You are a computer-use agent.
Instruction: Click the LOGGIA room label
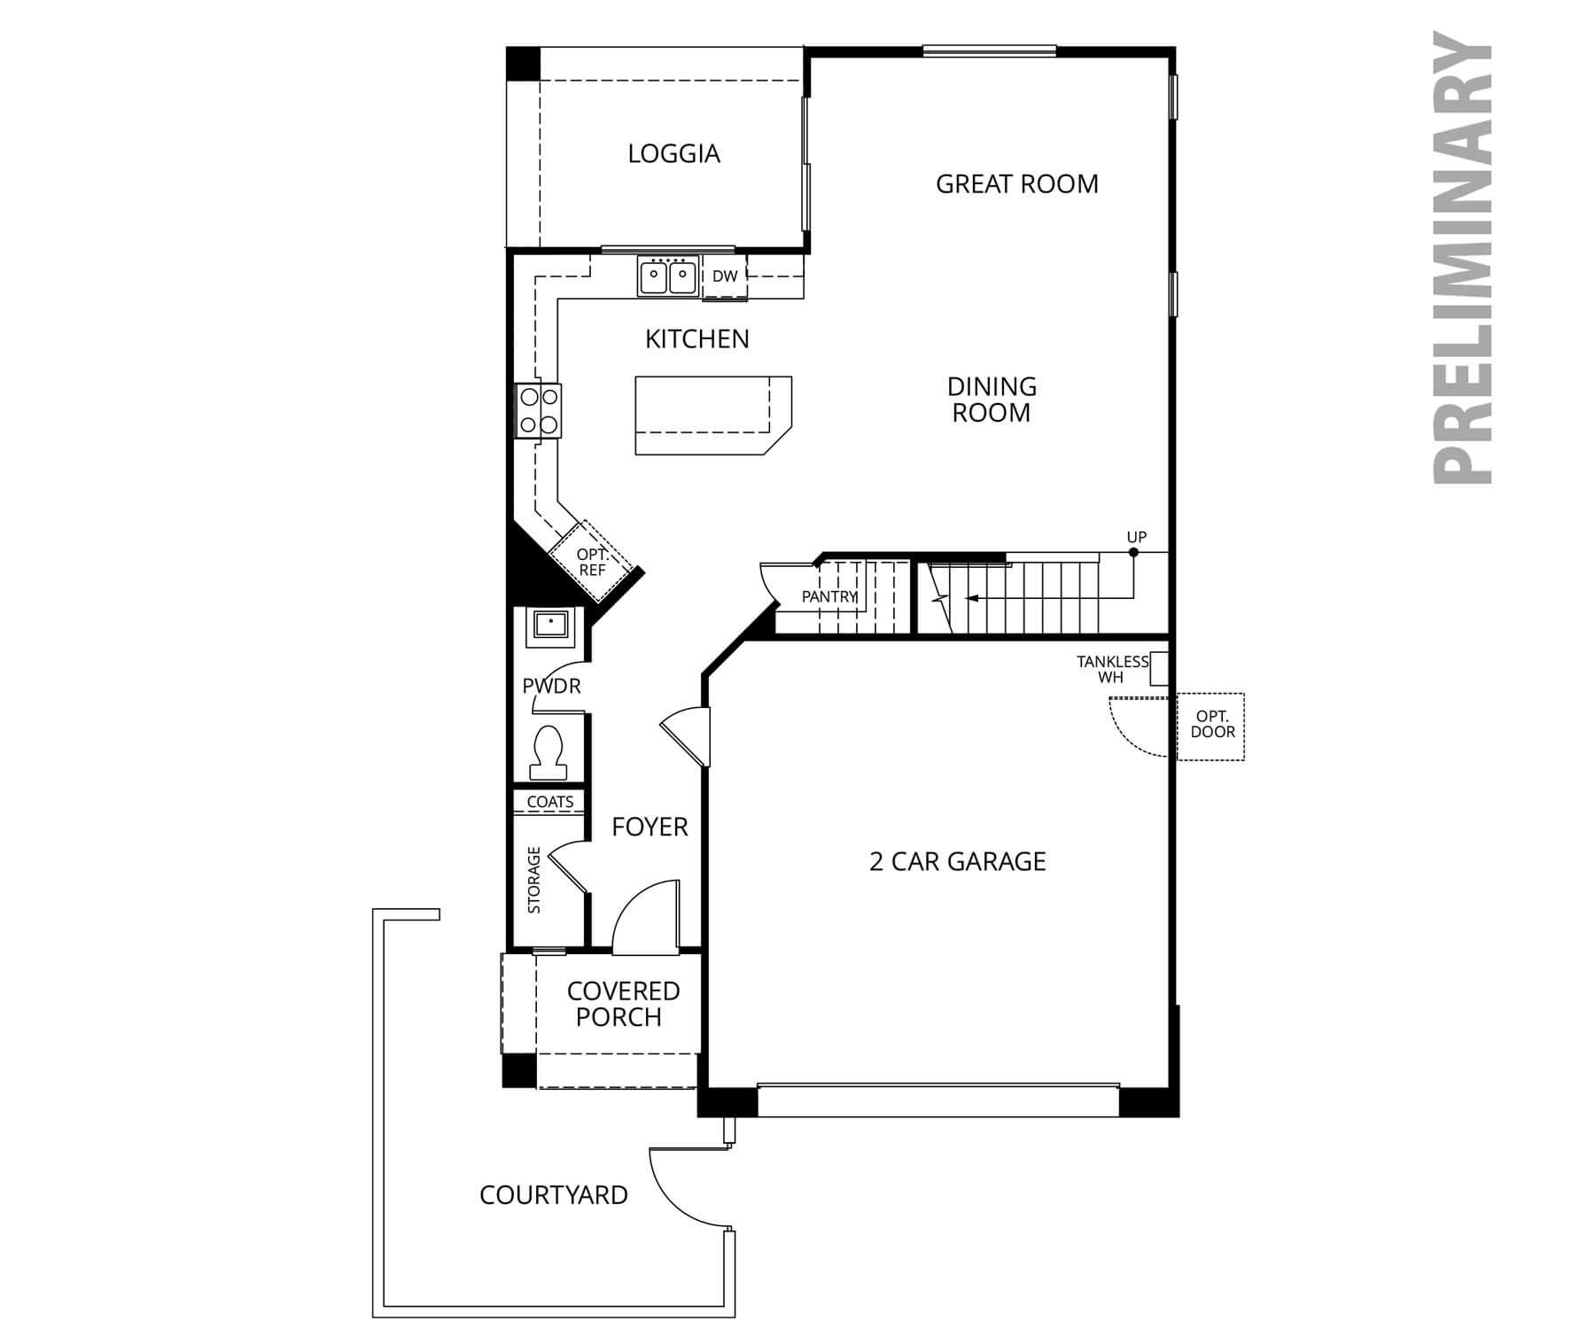(x=673, y=154)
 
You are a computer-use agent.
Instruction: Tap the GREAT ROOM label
(x=1016, y=184)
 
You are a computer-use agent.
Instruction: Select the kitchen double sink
(x=667, y=276)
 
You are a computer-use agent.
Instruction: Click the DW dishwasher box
(x=724, y=276)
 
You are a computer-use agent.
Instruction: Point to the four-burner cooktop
(x=539, y=410)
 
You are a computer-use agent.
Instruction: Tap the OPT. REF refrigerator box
(x=591, y=563)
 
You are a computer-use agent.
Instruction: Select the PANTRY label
(x=829, y=597)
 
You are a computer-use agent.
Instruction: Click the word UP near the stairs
(x=1136, y=537)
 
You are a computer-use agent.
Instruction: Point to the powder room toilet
(x=548, y=751)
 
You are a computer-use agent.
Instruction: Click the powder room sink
(x=551, y=625)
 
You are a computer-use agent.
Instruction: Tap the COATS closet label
(x=549, y=802)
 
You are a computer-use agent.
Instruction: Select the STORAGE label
(x=534, y=880)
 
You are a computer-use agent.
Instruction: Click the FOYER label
(x=650, y=827)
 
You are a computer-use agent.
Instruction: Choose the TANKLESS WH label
(x=1111, y=669)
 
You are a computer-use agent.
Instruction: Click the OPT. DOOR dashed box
(x=1211, y=726)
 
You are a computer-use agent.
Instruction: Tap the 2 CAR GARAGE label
(x=957, y=861)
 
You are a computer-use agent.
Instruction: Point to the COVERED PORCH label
(x=622, y=1004)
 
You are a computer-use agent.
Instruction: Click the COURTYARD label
(x=553, y=1195)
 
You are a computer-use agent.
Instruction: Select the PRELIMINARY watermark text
(x=1463, y=257)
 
